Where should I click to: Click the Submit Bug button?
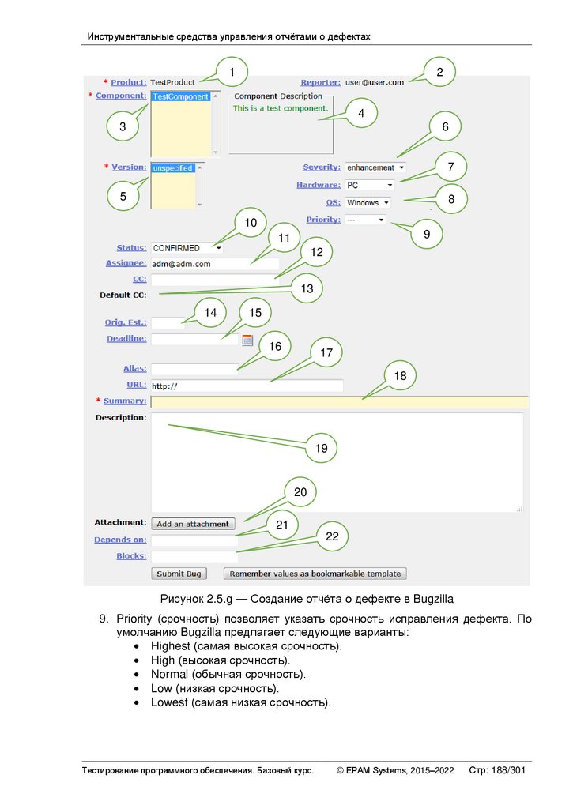tap(180, 574)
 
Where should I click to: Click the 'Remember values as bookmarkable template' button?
tap(315, 574)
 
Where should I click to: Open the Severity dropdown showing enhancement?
tap(375, 167)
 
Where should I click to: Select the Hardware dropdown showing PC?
tap(369, 185)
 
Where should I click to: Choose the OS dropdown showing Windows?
tap(367, 202)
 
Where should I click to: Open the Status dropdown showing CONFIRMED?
tap(187, 248)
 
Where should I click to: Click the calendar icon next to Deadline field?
tap(247, 340)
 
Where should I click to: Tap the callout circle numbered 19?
tap(321, 448)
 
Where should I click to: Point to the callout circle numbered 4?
tap(361, 114)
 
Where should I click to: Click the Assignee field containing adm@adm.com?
tap(215, 264)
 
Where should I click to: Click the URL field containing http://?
tap(247, 386)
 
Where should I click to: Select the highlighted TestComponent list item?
tap(181, 97)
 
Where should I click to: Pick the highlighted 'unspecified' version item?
tap(173, 168)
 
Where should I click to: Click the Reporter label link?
tap(320, 82)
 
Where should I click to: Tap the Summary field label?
tap(126, 401)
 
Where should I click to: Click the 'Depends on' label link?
tap(120, 540)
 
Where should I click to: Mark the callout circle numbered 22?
tap(333, 536)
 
